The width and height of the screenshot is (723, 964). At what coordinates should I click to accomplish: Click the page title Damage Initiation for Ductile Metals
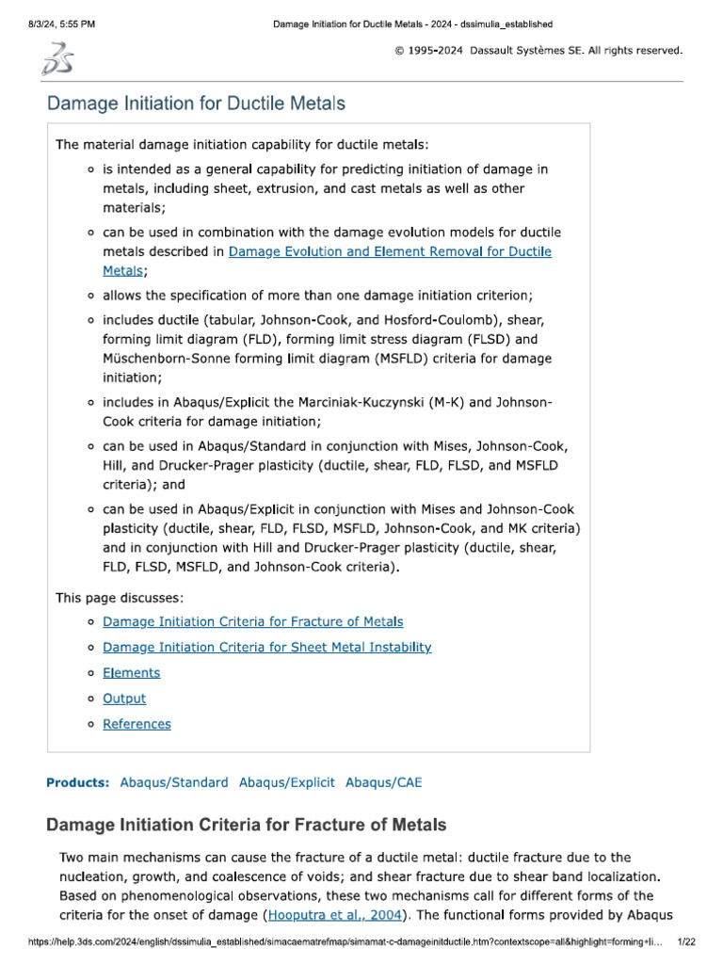coord(196,104)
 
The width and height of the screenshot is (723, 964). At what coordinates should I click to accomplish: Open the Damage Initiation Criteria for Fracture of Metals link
coord(252,621)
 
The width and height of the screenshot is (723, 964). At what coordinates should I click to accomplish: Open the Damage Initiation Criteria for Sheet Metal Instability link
coord(266,647)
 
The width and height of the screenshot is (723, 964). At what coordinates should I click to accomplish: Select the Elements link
coord(131,672)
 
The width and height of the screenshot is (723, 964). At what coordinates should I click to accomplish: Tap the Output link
coord(124,699)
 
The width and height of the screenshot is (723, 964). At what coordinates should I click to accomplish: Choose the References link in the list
coord(137,724)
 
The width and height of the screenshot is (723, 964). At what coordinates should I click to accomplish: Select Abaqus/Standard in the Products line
coord(174,782)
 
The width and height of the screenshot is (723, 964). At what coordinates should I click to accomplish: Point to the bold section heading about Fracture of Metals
coord(247,826)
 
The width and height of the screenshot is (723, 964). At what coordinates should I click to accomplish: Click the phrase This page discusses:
coord(120,597)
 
